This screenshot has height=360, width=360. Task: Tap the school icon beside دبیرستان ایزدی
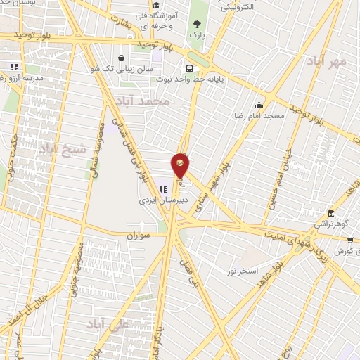(x=163, y=188)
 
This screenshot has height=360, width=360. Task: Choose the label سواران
(x=139, y=236)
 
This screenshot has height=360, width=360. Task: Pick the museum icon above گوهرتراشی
(x=330, y=213)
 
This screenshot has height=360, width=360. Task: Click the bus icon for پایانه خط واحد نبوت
(x=189, y=68)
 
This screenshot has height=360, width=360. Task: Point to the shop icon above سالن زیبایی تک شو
(x=122, y=58)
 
